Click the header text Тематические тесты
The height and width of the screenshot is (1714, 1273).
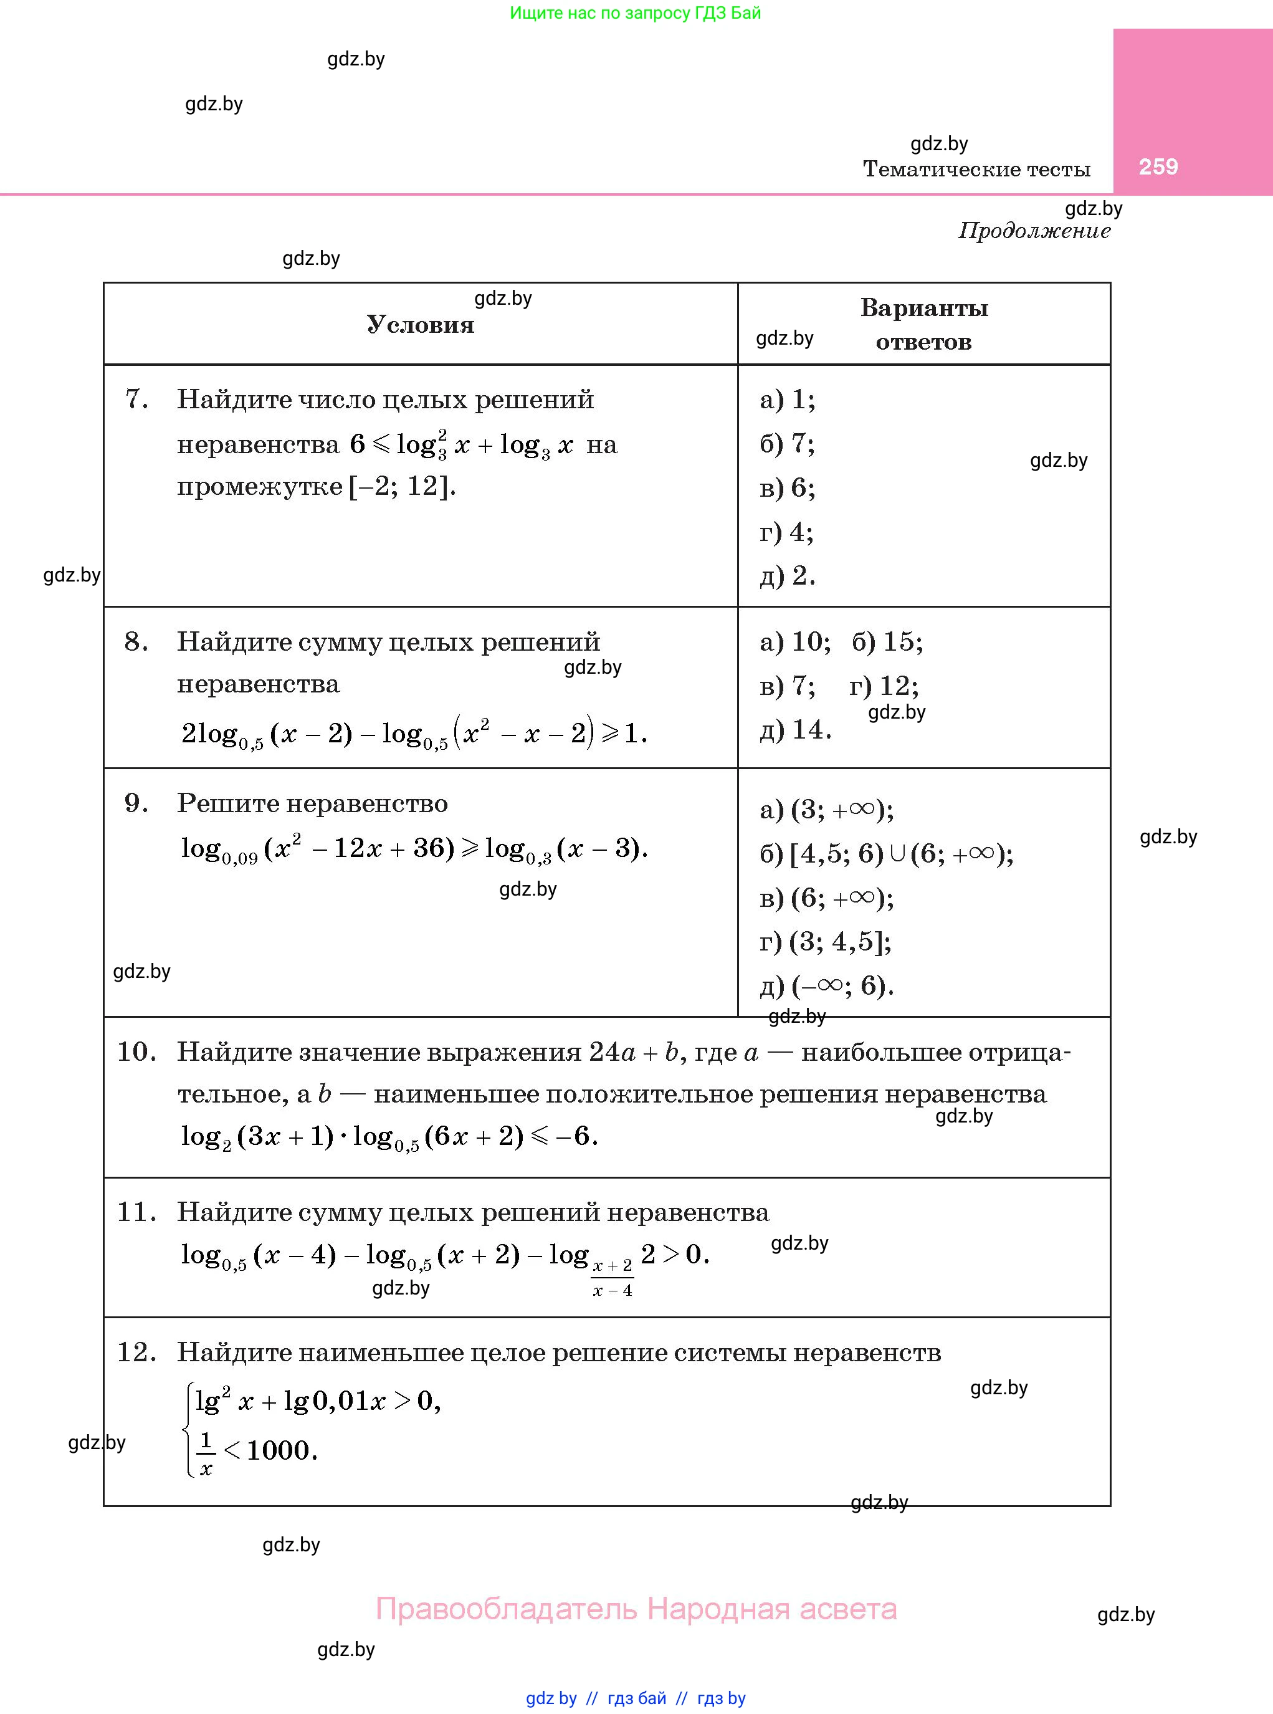tap(976, 169)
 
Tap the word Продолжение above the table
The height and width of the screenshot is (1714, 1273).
tap(1034, 231)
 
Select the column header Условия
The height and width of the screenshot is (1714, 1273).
tap(420, 325)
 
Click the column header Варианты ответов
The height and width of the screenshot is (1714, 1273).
tap(924, 325)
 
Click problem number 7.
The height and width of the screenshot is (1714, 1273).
tap(136, 400)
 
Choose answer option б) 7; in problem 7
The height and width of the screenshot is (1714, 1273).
tap(787, 443)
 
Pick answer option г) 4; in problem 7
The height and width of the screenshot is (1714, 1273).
tap(786, 532)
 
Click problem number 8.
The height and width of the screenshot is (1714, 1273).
tap(136, 641)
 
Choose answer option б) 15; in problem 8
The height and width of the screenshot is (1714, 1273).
tap(887, 641)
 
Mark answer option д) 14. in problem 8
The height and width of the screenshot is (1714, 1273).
tap(795, 730)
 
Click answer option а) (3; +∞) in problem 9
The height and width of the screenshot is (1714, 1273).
tap(826, 809)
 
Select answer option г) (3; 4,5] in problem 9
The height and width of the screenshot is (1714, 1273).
tap(825, 942)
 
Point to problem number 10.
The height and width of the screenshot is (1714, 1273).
tap(136, 1051)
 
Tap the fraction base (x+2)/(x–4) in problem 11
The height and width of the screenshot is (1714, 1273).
tap(613, 1278)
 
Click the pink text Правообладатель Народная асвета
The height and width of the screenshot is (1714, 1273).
tap(636, 1609)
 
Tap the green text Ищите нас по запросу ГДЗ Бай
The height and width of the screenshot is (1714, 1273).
tap(635, 13)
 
